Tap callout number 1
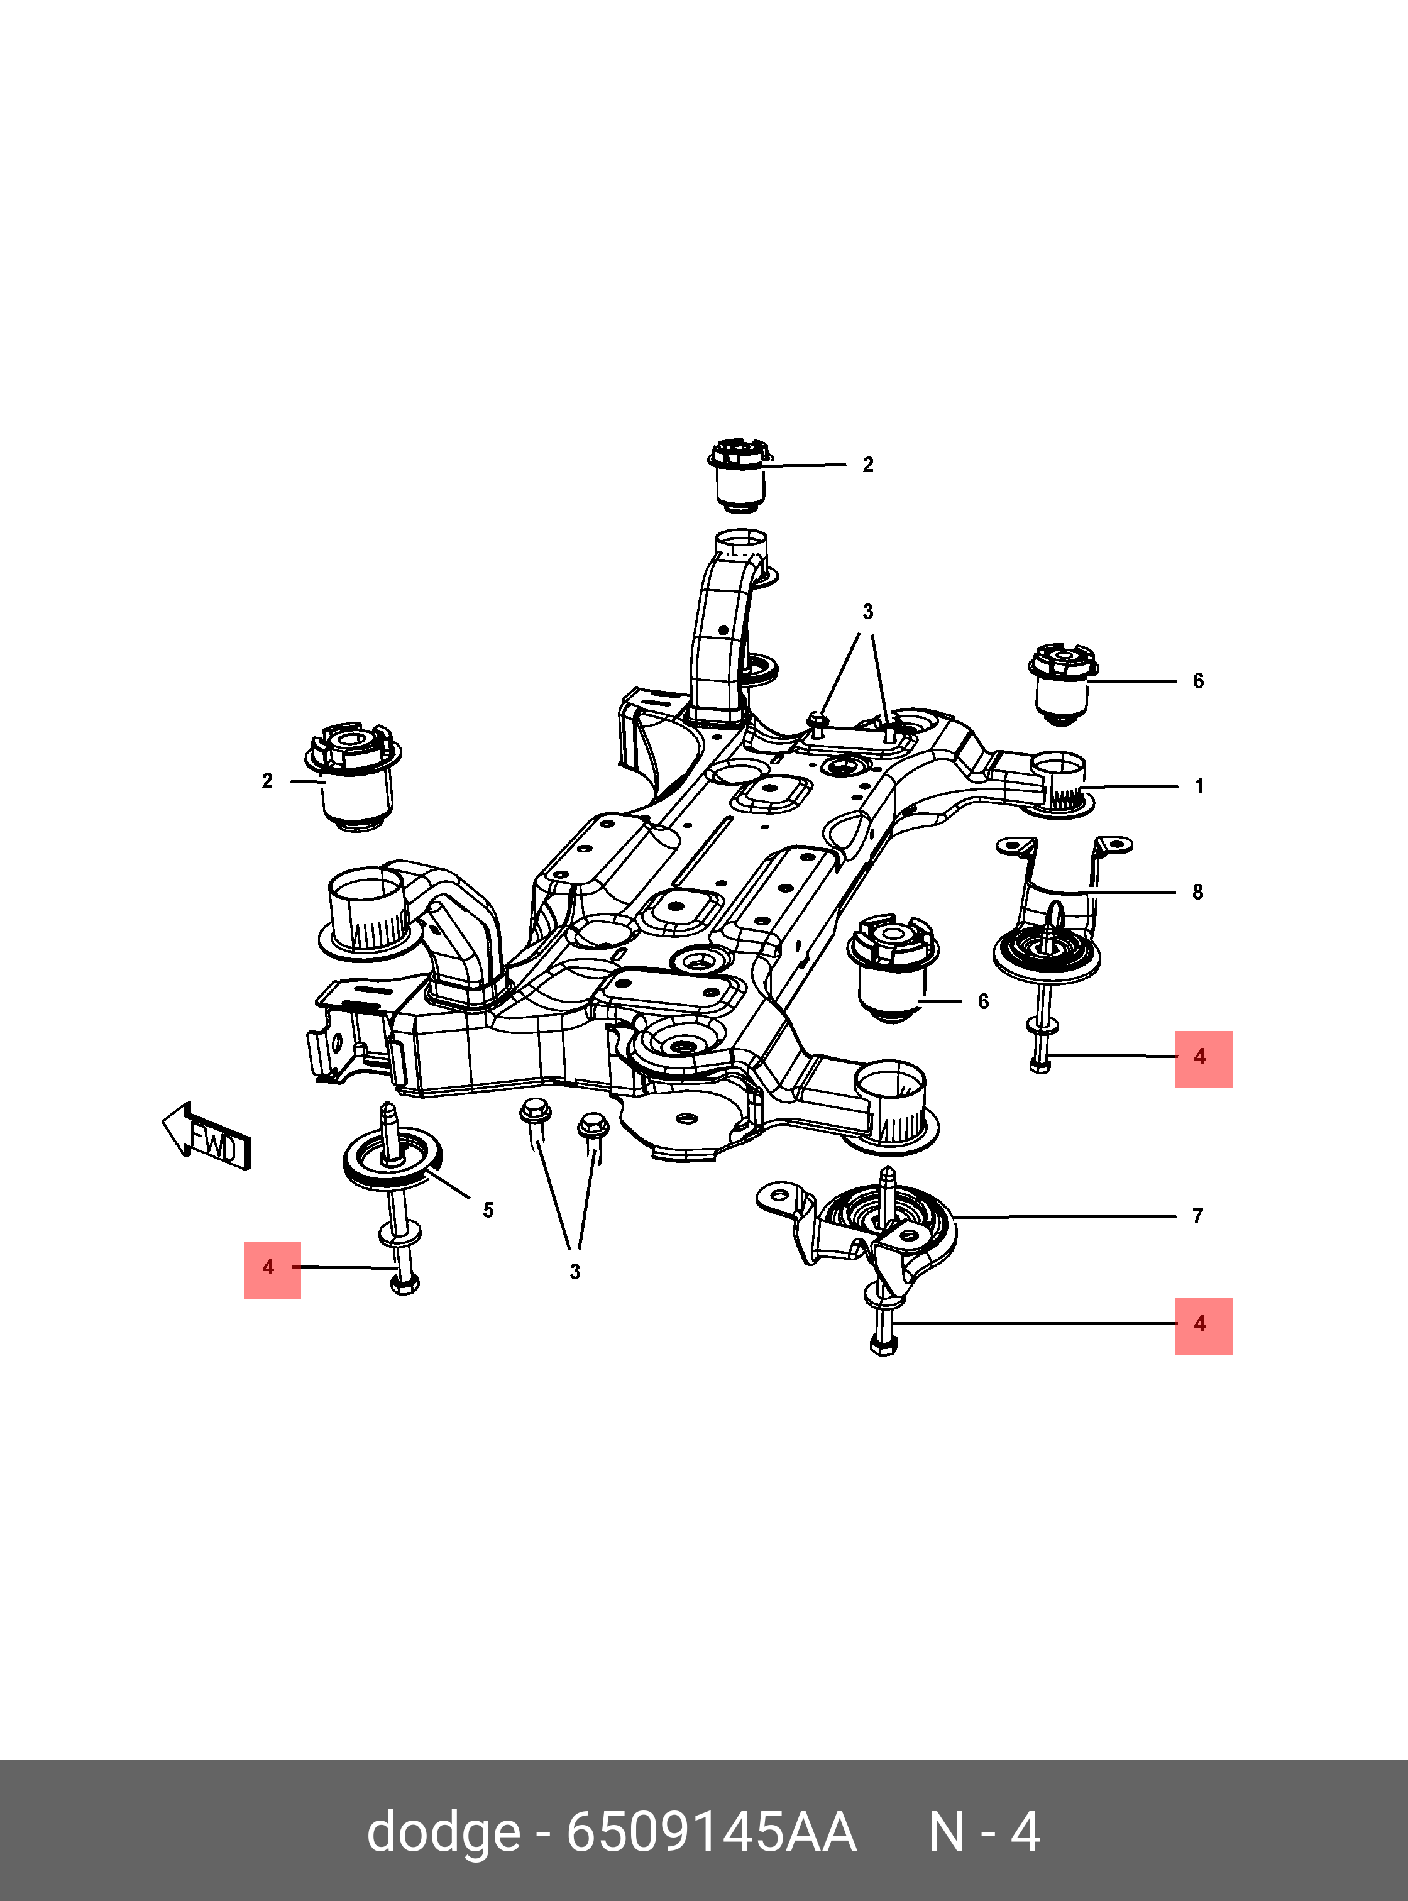click(x=1199, y=786)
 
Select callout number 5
click(x=488, y=1209)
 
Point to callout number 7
click(x=1197, y=1216)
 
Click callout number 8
click(x=1197, y=891)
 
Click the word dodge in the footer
click(x=443, y=1831)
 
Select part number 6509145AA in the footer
click(x=712, y=1831)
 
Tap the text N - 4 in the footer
click(x=984, y=1831)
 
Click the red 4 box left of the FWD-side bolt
click(x=272, y=1269)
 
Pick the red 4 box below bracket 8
click(x=1204, y=1059)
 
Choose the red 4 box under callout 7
click(x=1204, y=1326)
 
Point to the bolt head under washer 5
click(x=404, y=1284)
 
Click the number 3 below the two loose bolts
click(x=575, y=1272)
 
